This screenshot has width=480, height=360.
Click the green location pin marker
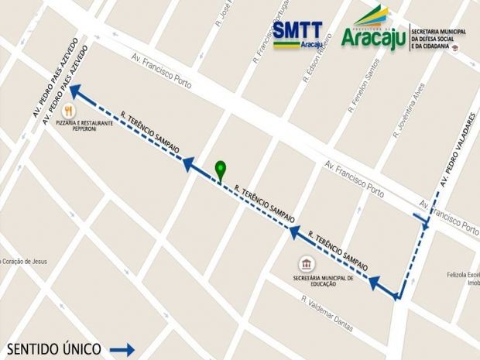point(221,168)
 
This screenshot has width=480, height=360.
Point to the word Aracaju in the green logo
point(378,36)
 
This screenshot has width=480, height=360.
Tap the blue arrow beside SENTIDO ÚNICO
point(122,349)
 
